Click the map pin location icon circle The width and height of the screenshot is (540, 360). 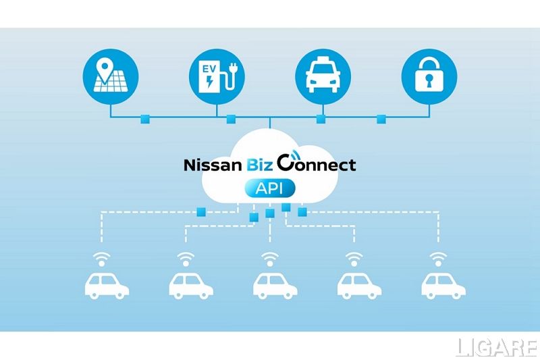111,76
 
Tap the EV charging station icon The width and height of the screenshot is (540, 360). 217,76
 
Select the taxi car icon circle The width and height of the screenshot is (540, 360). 323,76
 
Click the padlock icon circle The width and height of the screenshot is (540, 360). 428,76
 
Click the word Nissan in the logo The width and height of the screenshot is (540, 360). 211,164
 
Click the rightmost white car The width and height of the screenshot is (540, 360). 443,285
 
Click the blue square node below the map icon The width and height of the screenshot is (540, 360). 144,120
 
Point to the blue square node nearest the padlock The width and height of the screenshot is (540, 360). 381,120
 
